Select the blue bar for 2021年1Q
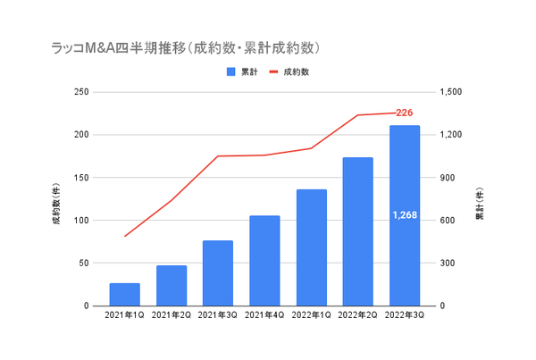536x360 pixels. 125,295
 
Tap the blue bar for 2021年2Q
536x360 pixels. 172,286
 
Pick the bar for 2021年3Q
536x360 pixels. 218,273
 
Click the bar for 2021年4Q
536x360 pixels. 264,261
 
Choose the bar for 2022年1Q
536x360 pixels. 311,247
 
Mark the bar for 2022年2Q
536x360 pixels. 357,231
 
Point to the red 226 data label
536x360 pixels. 404,113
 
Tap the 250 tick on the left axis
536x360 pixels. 80,92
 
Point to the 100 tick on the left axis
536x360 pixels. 80,221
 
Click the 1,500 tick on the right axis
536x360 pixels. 452,92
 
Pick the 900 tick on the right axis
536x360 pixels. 448,178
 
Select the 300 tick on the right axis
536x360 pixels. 448,264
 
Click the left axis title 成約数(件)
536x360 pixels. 55,198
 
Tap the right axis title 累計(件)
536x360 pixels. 479,198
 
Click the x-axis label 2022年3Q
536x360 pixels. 404,316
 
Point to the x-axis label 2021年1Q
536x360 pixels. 125,316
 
